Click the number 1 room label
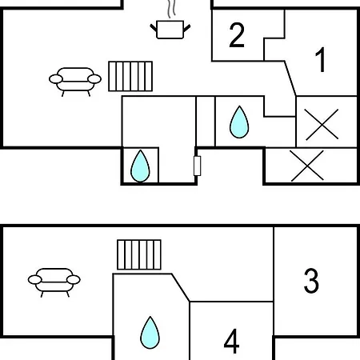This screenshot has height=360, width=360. tap(321, 59)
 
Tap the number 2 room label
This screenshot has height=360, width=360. tap(237, 35)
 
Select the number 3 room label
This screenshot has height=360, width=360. tap(311, 281)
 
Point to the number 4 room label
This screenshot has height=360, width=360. tap(231, 341)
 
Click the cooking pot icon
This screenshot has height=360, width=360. tap(170, 30)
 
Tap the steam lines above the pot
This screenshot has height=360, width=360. tap(171, 9)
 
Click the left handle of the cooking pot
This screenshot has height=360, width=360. tap(154, 28)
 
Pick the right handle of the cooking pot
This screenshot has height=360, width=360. tap(186, 28)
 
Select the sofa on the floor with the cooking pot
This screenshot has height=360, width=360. tap(75, 82)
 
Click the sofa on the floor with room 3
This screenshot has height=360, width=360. tap(54, 282)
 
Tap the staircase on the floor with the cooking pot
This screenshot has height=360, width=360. tap(130, 76)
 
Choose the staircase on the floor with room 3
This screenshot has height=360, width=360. tap(139, 254)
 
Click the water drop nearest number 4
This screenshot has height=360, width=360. tap(150, 333)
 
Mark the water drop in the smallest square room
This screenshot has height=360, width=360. tap(140, 166)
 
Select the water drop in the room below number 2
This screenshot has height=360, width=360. tap(239, 122)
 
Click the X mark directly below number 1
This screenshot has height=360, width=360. tap(322, 124)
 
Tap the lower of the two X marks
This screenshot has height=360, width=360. tap(307, 166)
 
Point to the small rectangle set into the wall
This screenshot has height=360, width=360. tap(197, 166)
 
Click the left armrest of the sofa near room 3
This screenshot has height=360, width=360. tap(35, 280)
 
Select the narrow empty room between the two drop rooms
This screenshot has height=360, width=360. tap(206, 122)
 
